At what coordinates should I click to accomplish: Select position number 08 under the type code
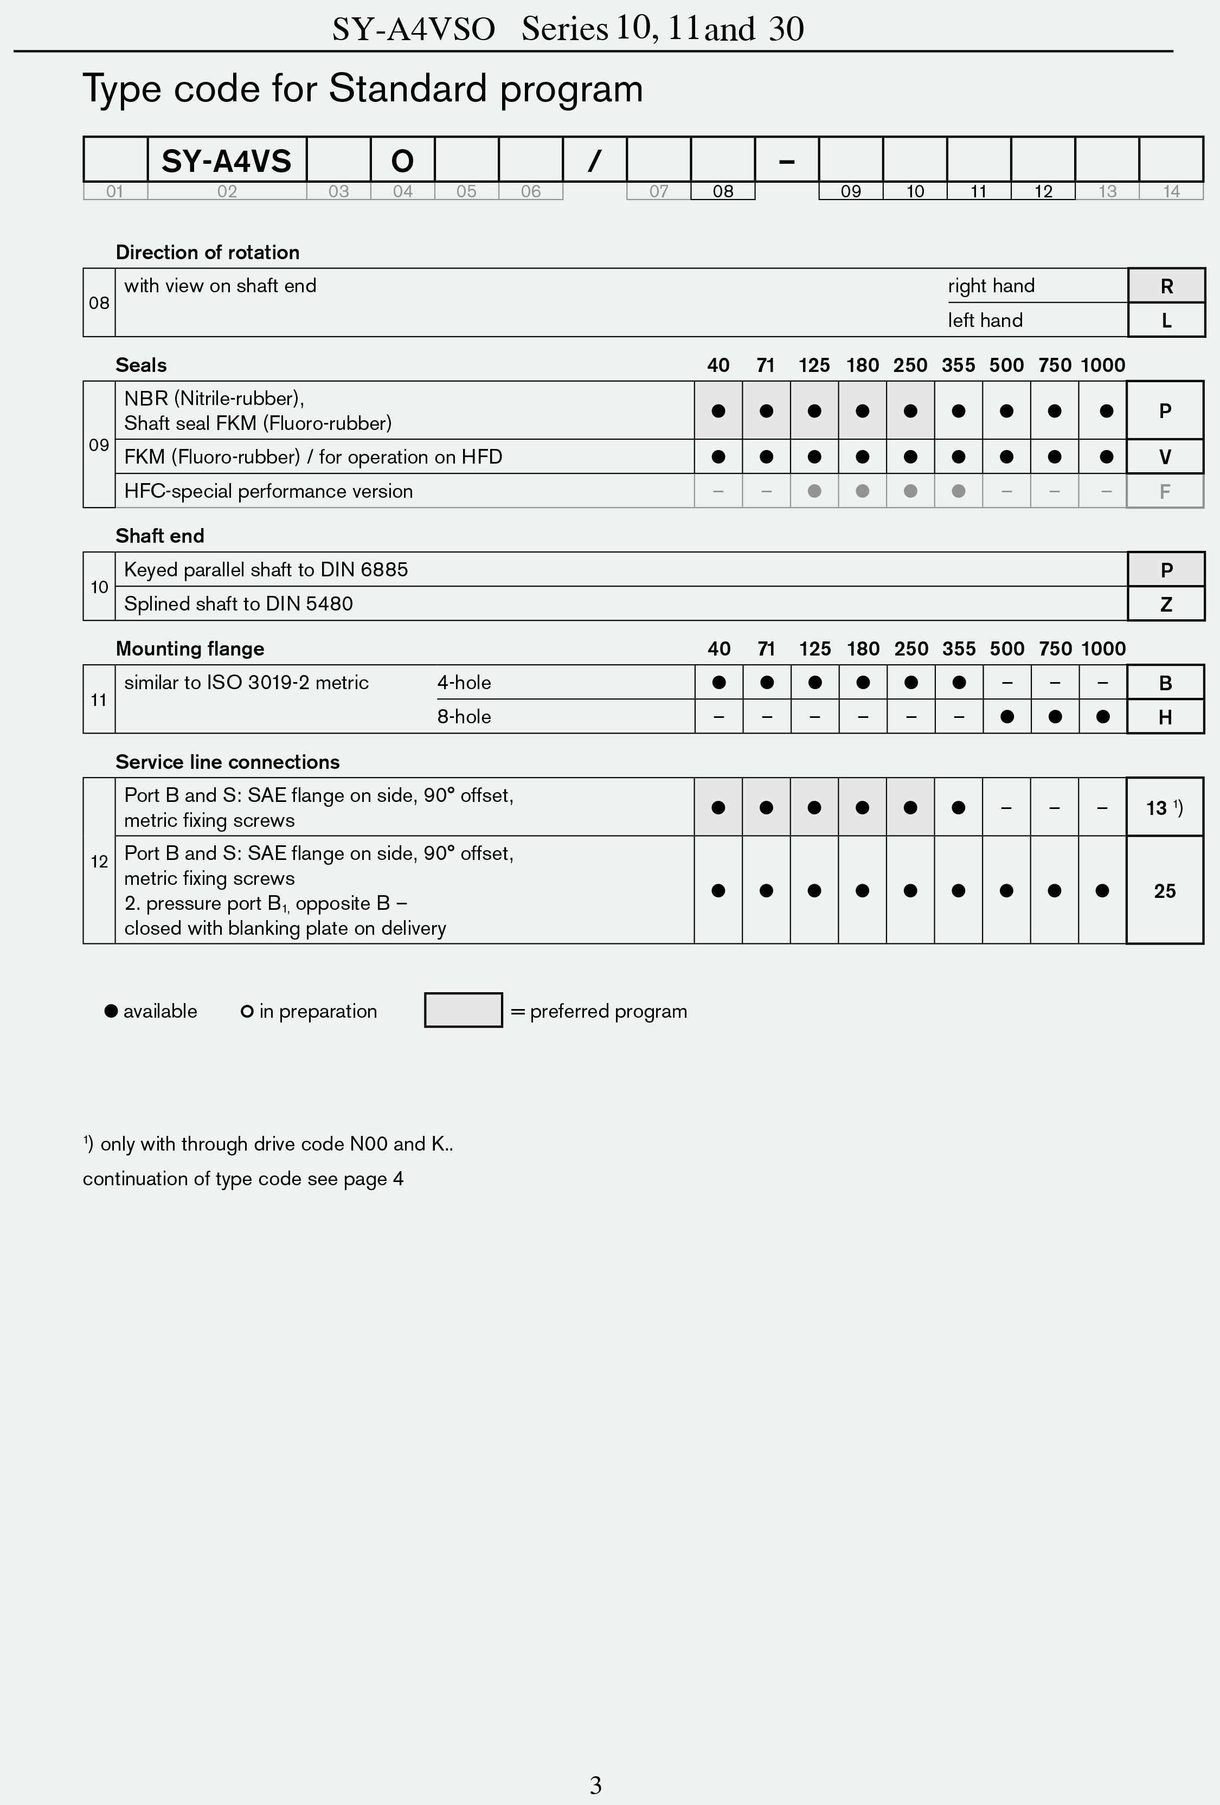tap(722, 191)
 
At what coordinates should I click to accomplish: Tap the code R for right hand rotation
tap(1166, 286)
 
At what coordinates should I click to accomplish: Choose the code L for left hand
tap(1166, 320)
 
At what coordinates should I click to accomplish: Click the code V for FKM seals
tap(1165, 457)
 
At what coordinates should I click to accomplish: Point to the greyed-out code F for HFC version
tap(1165, 491)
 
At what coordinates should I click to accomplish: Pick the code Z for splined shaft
tap(1166, 603)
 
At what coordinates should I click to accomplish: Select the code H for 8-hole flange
tap(1165, 717)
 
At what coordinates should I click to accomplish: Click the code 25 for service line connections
tap(1164, 891)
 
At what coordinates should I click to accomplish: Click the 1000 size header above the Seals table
tap(1103, 365)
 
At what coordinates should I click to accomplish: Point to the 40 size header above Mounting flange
tap(719, 648)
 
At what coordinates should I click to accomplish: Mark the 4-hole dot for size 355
tap(959, 683)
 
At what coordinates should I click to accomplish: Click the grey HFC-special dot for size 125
tap(814, 491)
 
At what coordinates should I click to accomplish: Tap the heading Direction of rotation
tap(207, 253)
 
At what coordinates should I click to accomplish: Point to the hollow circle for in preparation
tap(247, 1011)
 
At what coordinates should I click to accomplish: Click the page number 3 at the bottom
tap(596, 1785)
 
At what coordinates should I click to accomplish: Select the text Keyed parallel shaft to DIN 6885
tap(266, 569)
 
